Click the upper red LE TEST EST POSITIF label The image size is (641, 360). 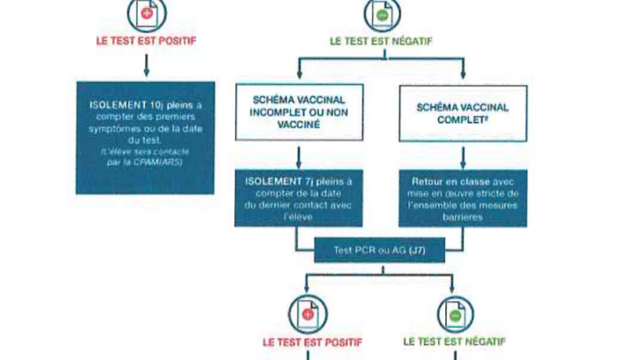point(147,40)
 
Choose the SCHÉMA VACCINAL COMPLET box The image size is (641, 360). point(463,113)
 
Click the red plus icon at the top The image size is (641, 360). point(145,12)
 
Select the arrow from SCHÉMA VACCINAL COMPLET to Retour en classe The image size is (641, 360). point(463,155)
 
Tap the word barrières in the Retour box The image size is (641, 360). point(463,212)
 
